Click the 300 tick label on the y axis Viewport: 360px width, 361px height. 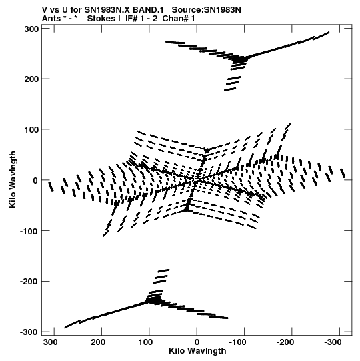point(32,29)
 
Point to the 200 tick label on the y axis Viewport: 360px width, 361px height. point(32,79)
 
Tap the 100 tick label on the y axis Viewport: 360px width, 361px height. point(32,130)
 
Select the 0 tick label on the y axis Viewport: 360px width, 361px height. point(35,181)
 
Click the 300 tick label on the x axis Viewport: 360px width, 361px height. point(51,342)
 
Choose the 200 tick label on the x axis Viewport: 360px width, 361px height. point(98,342)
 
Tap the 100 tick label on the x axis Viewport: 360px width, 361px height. point(145,342)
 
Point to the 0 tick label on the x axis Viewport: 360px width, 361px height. point(197,342)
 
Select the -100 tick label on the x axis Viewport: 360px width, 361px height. point(237,342)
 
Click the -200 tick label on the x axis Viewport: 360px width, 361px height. point(285,342)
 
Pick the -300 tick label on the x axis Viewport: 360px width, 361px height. point(333,342)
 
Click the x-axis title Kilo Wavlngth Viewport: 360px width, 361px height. point(197,352)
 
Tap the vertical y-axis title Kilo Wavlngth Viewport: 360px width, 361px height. point(13,179)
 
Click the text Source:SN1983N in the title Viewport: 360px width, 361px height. point(207,10)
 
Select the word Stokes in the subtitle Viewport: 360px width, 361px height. point(101,19)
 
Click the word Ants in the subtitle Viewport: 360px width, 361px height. point(51,19)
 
